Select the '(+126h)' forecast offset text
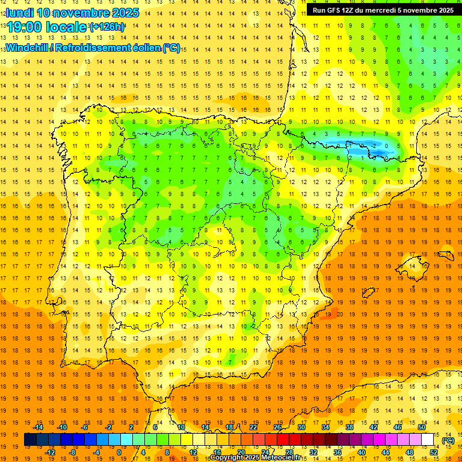[x=106, y=27]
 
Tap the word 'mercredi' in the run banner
[x=395, y=10]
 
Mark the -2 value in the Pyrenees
[x=375, y=146]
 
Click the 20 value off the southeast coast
[x=340, y=313]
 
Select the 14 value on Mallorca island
[x=413, y=265]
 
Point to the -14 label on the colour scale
[x=39, y=427]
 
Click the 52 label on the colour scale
[x=434, y=452]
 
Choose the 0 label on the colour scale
[x=119, y=452]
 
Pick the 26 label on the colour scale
[x=277, y=427]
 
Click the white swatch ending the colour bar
[x=428, y=440]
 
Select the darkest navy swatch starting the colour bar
[x=30, y=440]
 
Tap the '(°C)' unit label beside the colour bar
[x=448, y=440]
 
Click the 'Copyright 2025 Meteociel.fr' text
[x=255, y=458]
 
